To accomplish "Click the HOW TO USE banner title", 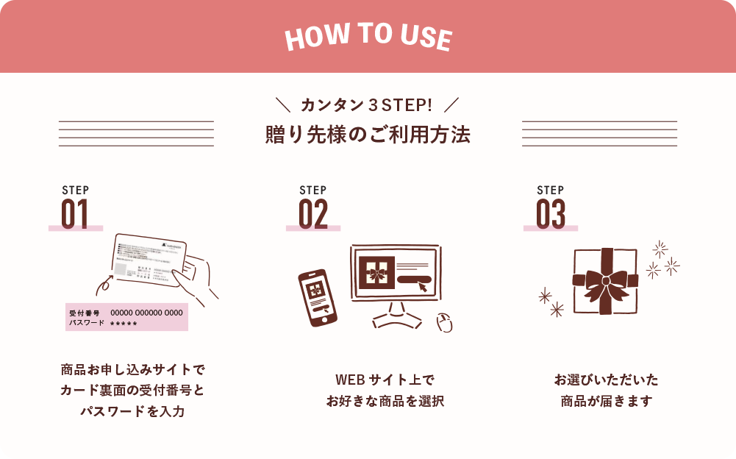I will [368, 38].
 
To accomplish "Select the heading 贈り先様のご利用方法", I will [367, 135].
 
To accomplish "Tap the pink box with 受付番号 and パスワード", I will [126, 317].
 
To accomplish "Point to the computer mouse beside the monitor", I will [444, 322].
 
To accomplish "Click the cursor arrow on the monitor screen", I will [423, 286].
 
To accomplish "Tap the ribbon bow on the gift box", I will [605, 280].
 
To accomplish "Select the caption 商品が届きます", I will [606, 402].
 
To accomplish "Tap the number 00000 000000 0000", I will [146, 313].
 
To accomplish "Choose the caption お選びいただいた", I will [606, 380].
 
